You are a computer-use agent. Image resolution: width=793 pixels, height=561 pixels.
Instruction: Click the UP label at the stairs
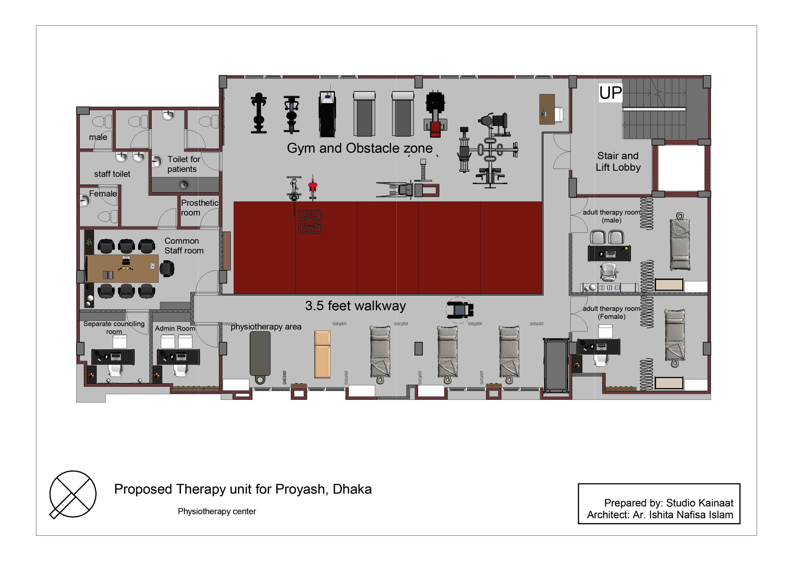click(x=610, y=93)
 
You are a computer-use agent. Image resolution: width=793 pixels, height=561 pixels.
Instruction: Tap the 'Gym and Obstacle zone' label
click(x=360, y=148)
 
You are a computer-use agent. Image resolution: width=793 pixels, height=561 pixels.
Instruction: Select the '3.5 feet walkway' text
click(x=355, y=306)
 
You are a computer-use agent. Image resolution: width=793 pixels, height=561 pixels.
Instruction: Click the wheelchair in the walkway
click(x=459, y=310)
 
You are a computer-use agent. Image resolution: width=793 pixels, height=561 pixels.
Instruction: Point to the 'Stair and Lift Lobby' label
click(x=618, y=161)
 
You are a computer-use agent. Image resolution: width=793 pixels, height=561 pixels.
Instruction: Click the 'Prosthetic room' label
click(x=199, y=208)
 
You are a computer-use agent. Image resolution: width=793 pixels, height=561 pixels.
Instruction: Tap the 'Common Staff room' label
click(x=184, y=245)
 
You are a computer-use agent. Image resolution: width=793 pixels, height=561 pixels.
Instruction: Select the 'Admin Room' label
click(x=175, y=328)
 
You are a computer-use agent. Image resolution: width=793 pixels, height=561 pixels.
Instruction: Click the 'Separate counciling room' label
click(x=114, y=327)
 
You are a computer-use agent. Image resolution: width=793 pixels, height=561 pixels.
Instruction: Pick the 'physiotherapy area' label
click(x=266, y=327)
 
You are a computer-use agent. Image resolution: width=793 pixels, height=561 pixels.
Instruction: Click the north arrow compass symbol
click(x=73, y=494)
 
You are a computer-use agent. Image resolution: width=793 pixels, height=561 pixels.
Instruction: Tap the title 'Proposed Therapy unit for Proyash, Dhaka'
click(x=243, y=489)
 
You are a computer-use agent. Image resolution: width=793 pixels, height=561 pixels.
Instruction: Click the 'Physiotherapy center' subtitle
click(x=217, y=511)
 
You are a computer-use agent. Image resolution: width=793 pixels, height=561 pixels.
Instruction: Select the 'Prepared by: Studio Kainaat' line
click(x=669, y=503)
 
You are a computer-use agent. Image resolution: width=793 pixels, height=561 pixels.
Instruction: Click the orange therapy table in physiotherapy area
click(x=322, y=354)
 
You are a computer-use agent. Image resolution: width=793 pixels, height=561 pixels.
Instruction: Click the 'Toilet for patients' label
click(x=184, y=164)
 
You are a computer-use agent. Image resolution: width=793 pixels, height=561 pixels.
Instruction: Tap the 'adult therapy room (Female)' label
click(x=611, y=312)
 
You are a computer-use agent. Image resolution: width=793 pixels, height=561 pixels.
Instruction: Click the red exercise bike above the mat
click(x=313, y=187)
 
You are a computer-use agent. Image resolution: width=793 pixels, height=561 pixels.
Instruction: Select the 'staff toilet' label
click(x=112, y=174)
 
